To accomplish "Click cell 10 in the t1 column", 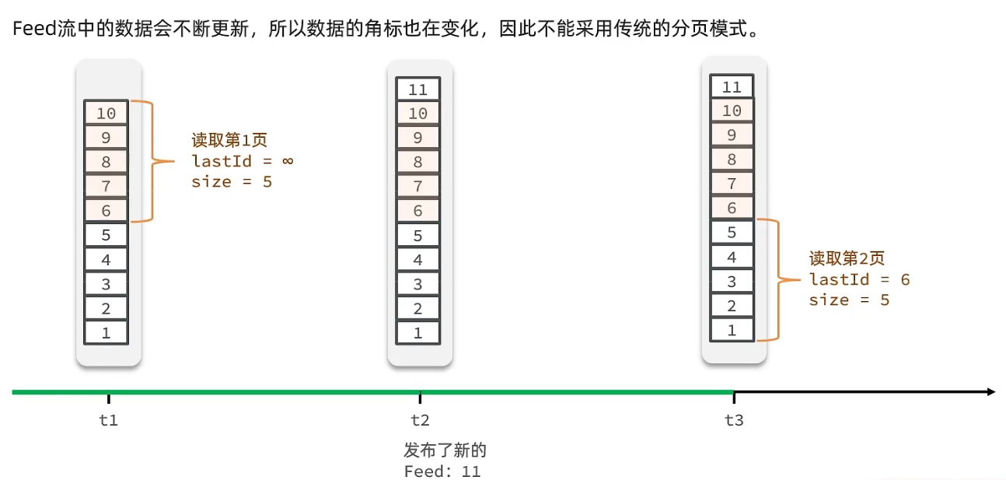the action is (x=107, y=114).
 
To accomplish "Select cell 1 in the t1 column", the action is (x=107, y=333).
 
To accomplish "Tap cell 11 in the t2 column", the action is (x=418, y=89).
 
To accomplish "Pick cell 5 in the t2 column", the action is (x=418, y=236).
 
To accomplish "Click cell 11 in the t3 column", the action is (x=732, y=86).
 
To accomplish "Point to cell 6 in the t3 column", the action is (x=732, y=208).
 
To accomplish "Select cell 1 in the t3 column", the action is (x=732, y=330).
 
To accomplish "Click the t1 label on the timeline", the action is (x=109, y=420).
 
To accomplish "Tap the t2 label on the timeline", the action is (x=420, y=420).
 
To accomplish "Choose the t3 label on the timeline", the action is (x=734, y=420).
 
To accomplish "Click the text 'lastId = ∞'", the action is (x=242, y=161).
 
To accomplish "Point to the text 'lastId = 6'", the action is (x=859, y=279).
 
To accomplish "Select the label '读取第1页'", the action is (x=229, y=141).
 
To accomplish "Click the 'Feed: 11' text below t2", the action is (x=442, y=471).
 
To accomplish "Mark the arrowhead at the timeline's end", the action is (x=990, y=391).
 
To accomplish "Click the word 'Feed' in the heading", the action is (x=33, y=30).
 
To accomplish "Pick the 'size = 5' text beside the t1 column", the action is (x=232, y=182).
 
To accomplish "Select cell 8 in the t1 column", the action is (x=107, y=163).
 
